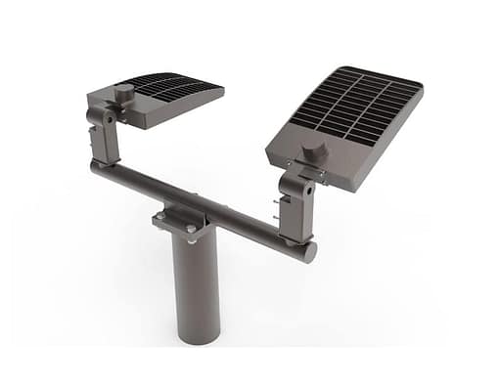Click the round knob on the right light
[x=314, y=153]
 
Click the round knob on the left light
[x=124, y=93]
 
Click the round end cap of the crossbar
[x=308, y=252]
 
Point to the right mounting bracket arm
[x=295, y=205]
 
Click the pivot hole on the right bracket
[x=291, y=186]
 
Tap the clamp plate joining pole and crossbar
[x=182, y=221]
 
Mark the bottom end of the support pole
[x=197, y=337]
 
